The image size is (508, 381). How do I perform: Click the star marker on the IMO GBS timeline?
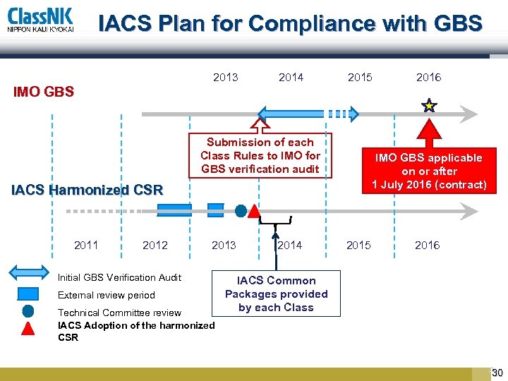[x=429, y=107]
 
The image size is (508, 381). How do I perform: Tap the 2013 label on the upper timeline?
[x=226, y=78]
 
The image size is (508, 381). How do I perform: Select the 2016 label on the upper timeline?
[x=428, y=78]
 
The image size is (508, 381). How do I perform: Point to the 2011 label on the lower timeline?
[x=86, y=246]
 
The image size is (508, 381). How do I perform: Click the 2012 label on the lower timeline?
[x=155, y=246]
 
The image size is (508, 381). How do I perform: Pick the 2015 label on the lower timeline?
[x=358, y=246]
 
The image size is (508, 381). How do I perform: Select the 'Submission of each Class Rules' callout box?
[x=260, y=155]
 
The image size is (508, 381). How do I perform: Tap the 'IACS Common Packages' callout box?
[x=277, y=294]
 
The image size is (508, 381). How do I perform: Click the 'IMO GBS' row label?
[x=44, y=92]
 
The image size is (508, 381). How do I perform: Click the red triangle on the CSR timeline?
[x=255, y=211]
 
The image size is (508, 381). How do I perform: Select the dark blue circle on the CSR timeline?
[x=241, y=210]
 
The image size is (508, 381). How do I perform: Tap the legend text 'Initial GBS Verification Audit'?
[x=119, y=277]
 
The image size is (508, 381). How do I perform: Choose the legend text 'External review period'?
[x=106, y=295]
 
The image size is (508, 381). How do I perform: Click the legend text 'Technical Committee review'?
[x=119, y=313]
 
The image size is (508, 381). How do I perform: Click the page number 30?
[x=497, y=373]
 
